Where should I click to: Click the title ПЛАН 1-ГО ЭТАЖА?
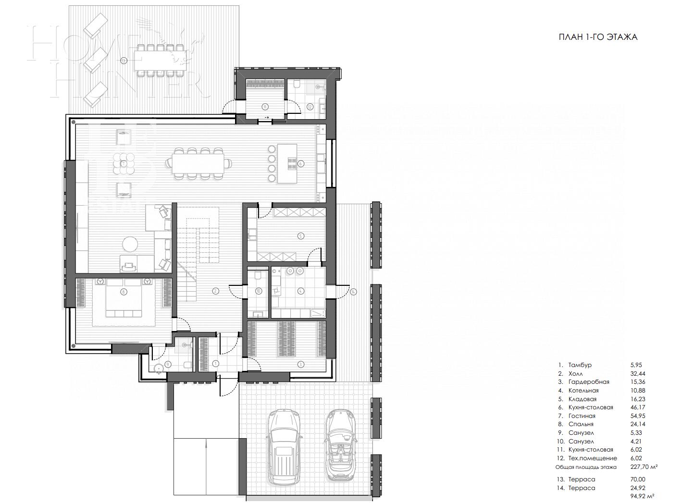[x=597, y=37]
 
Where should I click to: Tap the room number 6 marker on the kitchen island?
[x=301, y=163]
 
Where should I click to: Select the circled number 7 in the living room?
[x=124, y=164]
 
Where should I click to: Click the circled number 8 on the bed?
[x=124, y=291]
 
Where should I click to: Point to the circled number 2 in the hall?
[x=215, y=291]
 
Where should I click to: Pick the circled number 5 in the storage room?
[x=300, y=236]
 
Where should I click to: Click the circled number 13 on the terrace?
[x=124, y=61]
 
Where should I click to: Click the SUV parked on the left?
[x=285, y=446]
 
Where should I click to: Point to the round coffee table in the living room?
[x=130, y=245]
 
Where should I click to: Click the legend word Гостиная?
[x=582, y=416]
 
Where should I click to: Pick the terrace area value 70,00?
[x=638, y=479]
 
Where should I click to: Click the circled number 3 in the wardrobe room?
[x=300, y=364]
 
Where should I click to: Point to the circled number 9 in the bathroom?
[x=168, y=364]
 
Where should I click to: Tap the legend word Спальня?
[x=581, y=424]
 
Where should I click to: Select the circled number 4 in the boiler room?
[x=300, y=291]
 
